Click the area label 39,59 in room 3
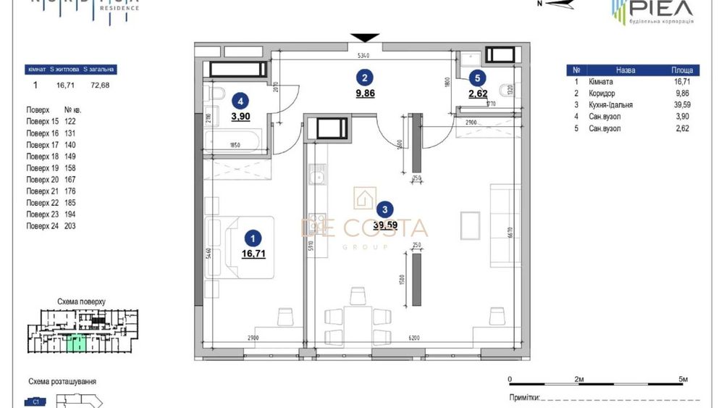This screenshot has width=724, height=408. coord(384,225)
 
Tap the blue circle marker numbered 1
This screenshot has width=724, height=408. coord(252,237)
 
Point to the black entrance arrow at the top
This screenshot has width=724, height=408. coord(365,38)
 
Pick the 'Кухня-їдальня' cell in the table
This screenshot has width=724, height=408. coord(611,105)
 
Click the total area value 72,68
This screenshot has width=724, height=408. coord(99,85)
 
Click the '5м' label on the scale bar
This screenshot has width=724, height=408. coord(683,379)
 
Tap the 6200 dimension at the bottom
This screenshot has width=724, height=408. coord(413,338)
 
